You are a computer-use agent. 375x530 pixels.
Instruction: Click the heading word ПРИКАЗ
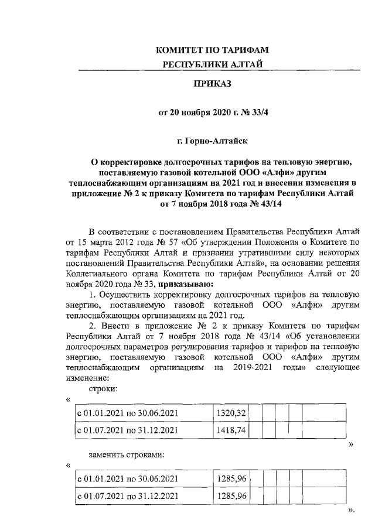pyautogui.click(x=213, y=84)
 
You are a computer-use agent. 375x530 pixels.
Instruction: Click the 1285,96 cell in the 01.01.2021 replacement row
pyautogui.click(x=231, y=479)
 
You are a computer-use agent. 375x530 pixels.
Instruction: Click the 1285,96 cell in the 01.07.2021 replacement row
pyautogui.click(x=231, y=496)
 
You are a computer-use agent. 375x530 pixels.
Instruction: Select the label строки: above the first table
pyautogui.click(x=101, y=388)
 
